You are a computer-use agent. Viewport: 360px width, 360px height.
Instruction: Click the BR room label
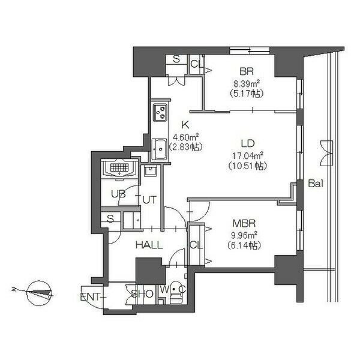pyautogui.click(x=247, y=71)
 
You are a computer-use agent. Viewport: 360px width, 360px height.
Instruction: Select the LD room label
pyautogui.click(x=248, y=143)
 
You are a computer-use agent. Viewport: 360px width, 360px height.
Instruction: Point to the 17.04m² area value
pyautogui.click(x=247, y=156)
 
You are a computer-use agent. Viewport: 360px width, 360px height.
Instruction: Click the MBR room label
pyautogui.click(x=244, y=223)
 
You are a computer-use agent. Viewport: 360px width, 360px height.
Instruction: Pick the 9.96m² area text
pyautogui.click(x=244, y=235)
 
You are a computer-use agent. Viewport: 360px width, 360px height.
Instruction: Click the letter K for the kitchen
pyautogui.click(x=185, y=125)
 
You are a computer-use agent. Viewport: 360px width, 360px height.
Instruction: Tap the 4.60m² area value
pyautogui.click(x=185, y=137)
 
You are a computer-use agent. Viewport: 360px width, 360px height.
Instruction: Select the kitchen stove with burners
pyautogui.click(x=160, y=113)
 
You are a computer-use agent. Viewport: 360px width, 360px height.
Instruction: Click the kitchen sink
pyautogui.click(x=160, y=149)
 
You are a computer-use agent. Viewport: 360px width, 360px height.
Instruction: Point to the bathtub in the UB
pyautogui.click(x=119, y=168)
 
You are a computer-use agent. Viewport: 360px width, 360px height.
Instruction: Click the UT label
pyautogui.click(x=149, y=200)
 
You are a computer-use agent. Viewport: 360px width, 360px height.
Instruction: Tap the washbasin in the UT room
pyautogui.click(x=150, y=170)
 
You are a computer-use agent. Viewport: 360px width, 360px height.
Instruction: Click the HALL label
pyautogui.click(x=149, y=245)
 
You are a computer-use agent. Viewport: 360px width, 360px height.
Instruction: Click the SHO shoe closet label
pyautogui.click(x=142, y=294)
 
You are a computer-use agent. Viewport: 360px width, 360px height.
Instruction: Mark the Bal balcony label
pyautogui.click(x=316, y=184)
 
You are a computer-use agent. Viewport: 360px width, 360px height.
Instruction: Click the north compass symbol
pyautogui.click(x=39, y=293)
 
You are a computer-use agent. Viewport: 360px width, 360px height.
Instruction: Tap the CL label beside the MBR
pyautogui.click(x=196, y=245)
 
